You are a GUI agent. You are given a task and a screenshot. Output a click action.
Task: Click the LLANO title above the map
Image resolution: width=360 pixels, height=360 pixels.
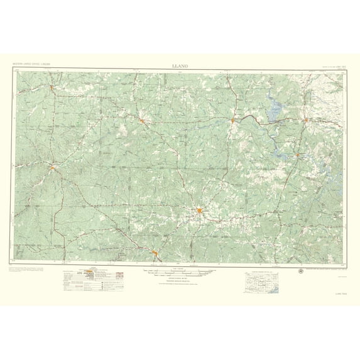(x=180, y=65)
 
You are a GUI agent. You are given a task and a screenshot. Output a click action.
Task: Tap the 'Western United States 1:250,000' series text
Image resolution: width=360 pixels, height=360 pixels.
(x=31, y=65)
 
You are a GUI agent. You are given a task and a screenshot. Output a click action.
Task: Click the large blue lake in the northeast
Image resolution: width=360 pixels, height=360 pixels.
(x=275, y=114)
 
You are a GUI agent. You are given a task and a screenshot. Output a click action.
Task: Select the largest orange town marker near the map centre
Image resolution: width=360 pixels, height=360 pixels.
(x=199, y=211)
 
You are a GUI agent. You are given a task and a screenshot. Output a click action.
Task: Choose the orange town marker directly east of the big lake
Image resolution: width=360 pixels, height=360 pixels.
(x=305, y=119)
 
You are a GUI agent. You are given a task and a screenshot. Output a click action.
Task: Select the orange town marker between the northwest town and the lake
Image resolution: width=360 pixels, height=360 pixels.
(x=143, y=121)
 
